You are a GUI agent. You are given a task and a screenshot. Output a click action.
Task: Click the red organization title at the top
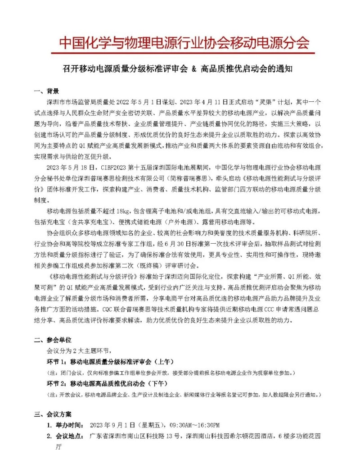[184, 43]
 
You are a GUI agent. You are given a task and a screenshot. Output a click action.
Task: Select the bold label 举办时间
[68, 425]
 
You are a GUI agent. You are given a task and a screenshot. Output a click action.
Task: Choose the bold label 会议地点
[68, 436]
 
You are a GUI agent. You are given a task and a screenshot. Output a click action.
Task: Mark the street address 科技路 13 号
[159, 436]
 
